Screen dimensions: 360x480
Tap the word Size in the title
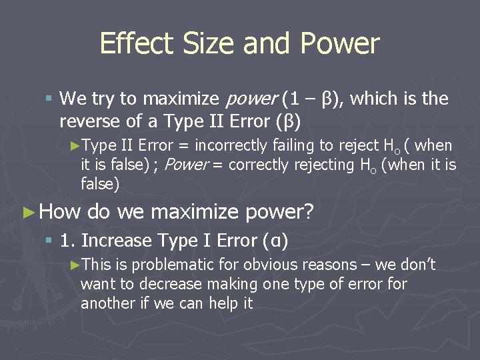pos(205,44)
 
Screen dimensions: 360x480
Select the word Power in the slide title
pos(340,44)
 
